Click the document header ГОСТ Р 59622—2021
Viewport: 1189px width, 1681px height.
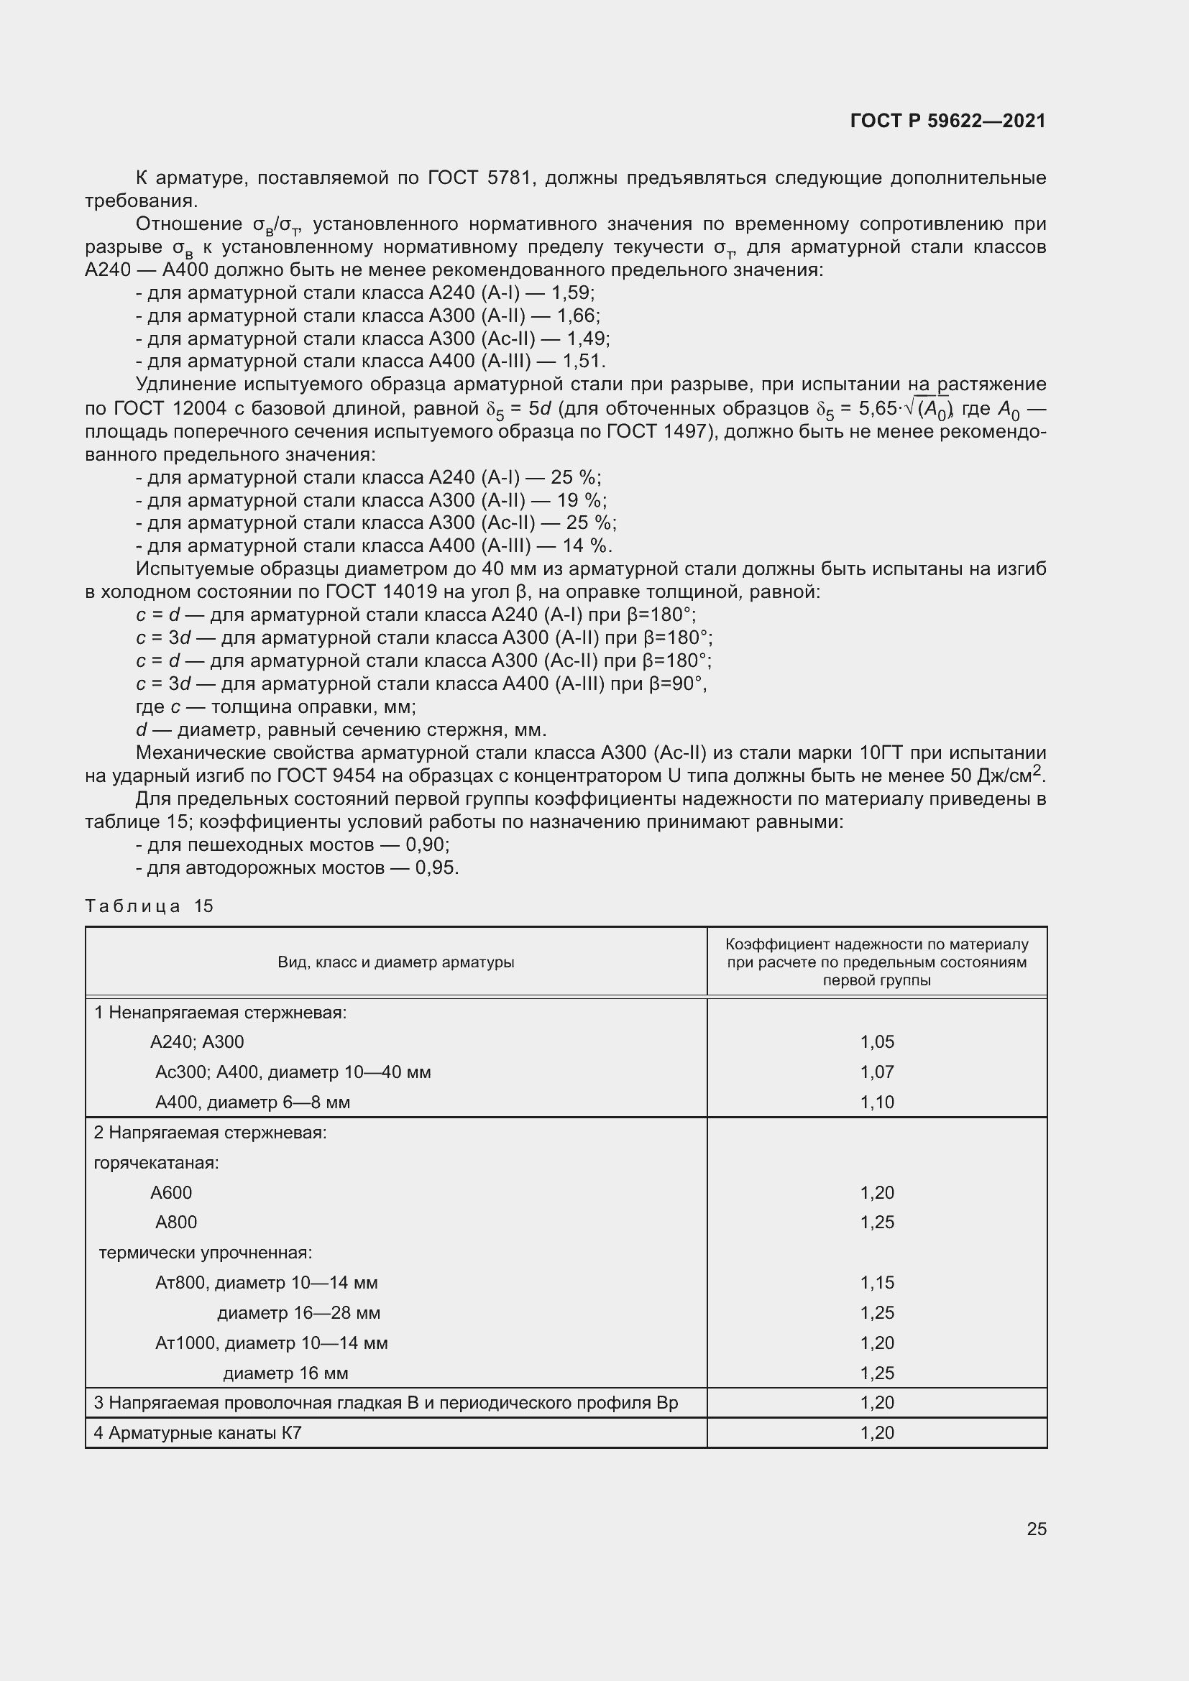(x=947, y=121)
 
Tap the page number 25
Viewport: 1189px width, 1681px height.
(x=1036, y=1529)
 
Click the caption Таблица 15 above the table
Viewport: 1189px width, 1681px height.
(x=149, y=906)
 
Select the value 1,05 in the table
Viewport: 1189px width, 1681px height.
(x=876, y=1042)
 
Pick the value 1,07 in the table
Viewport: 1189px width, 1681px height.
(x=876, y=1072)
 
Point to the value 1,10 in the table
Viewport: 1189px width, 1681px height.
(x=876, y=1102)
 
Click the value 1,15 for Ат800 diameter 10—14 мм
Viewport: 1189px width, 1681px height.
(x=876, y=1283)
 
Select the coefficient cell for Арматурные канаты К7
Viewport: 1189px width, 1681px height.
(x=876, y=1433)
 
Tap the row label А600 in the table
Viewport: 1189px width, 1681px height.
(x=170, y=1193)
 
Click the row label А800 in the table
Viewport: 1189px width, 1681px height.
(x=175, y=1222)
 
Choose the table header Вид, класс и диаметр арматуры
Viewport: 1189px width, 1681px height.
(x=395, y=962)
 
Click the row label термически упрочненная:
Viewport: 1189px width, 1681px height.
(x=205, y=1253)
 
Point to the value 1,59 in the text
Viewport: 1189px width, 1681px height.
(x=570, y=293)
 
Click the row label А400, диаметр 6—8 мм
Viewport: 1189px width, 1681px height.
(x=252, y=1102)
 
